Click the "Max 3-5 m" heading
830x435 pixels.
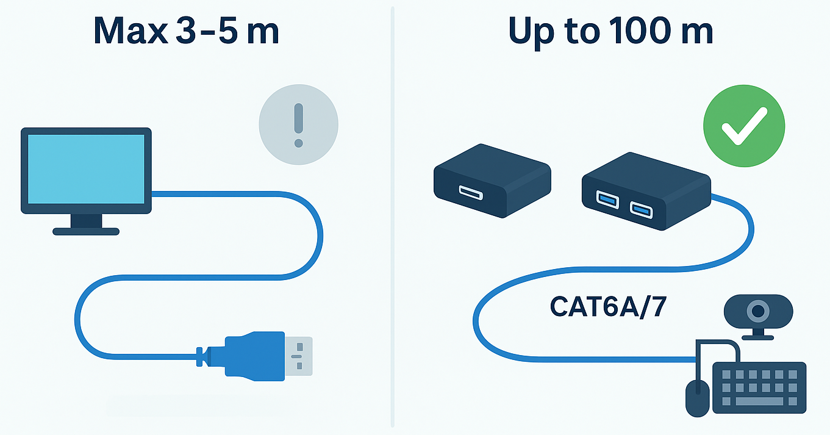click(186, 32)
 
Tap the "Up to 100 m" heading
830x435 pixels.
click(610, 32)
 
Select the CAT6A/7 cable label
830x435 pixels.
click(607, 307)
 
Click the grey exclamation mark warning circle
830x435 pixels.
click(298, 125)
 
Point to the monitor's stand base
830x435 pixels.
click(86, 231)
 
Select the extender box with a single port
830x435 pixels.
click(492, 180)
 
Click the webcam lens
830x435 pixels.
click(758, 312)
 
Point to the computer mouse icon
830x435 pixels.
click(698, 397)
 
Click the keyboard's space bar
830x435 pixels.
click(760, 401)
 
